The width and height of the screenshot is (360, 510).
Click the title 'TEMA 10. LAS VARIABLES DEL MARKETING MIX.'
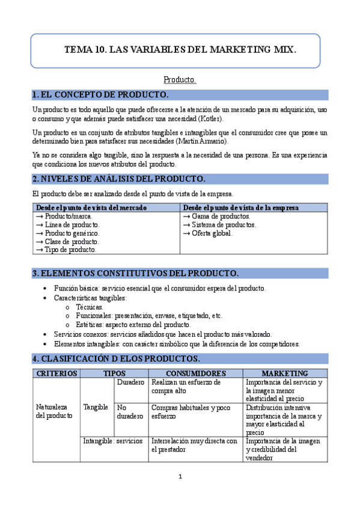click(x=180, y=51)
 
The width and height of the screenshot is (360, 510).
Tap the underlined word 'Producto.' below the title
click(x=180, y=79)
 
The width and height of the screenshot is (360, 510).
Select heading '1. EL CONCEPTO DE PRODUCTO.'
click(x=100, y=95)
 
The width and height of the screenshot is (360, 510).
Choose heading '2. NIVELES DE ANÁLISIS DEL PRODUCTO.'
click(x=118, y=179)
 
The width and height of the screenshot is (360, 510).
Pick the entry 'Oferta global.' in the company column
click(x=208, y=233)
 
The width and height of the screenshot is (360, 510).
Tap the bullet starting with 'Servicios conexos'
click(x=162, y=334)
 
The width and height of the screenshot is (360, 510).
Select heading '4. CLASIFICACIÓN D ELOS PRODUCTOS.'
click(x=116, y=358)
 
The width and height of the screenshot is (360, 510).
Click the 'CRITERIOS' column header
click(x=56, y=373)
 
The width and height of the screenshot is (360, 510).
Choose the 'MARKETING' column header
click(x=285, y=373)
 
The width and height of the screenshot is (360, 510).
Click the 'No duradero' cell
click(x=130, y=411)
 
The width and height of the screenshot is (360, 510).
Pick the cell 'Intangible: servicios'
click(x=112, y=441)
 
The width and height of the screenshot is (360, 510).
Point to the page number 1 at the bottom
click(x=180, y=477)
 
